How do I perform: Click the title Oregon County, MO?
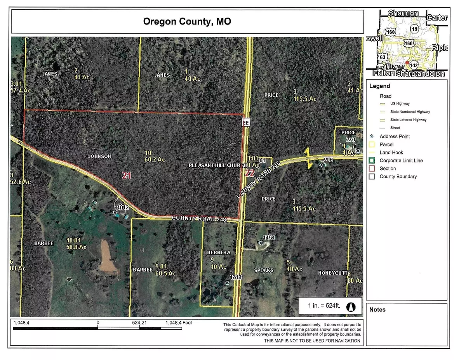187,21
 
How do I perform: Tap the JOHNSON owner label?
100,157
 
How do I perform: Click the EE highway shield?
245,122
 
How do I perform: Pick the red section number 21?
126,176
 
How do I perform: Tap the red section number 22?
249,173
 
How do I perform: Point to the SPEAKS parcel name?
264,270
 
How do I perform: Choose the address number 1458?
269,237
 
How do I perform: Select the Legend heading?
379,86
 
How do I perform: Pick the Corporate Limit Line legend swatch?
372,160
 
